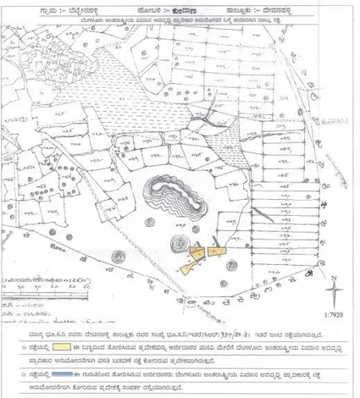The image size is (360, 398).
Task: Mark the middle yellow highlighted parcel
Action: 198,252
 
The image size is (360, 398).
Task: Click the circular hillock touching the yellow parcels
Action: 181,248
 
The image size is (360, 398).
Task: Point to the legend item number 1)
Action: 23,346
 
